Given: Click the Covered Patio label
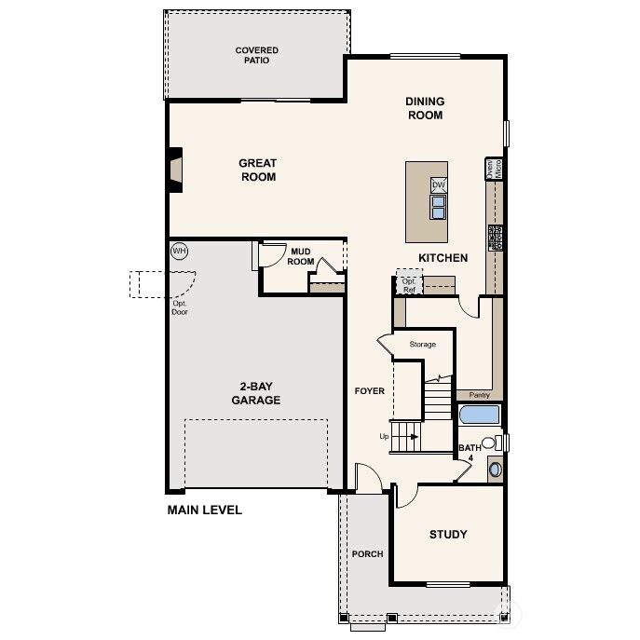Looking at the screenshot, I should pyautogui.click(x=256, y=56).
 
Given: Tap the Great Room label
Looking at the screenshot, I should pyautogui.click(x=258, y=170).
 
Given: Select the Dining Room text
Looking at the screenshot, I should pyautogui.click(x=424, y=108).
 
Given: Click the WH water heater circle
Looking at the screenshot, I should pyautogui.click(x=179, y=251).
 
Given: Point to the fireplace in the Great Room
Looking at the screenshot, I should pyautogui.click(x=174, y=170).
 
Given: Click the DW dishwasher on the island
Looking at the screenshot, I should pyautogui.click(x=438, y=185).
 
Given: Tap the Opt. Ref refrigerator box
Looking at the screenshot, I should pyautogui.click(x=409, y=284).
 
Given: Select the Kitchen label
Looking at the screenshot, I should pyautogui.click(x=443, y=258).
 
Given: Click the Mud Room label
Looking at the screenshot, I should pyautogui.click(x=301, y=256).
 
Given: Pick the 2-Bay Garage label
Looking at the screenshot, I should pyautogui.click(x=256, y=393).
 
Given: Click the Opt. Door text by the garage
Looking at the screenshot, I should pyautogui.click(x=180, y=307).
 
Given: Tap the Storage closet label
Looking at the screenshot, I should pyautogui.click(x=423, y=345).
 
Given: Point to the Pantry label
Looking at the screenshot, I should pyautogui.click(x=479, y=395).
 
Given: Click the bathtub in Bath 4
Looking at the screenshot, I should pyautogui.click(x=480, y=415).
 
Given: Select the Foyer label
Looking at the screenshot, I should pyautogui.click(x=369, y=391).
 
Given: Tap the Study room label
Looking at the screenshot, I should pyautogui.click(x=447, y=535).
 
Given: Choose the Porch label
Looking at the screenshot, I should pyautogui.click(x=367, y=554).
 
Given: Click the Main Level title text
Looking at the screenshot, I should pyautogui.click(x=204, y=510).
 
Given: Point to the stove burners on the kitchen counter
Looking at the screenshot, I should pyautogui.click(x=497, y=238).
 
